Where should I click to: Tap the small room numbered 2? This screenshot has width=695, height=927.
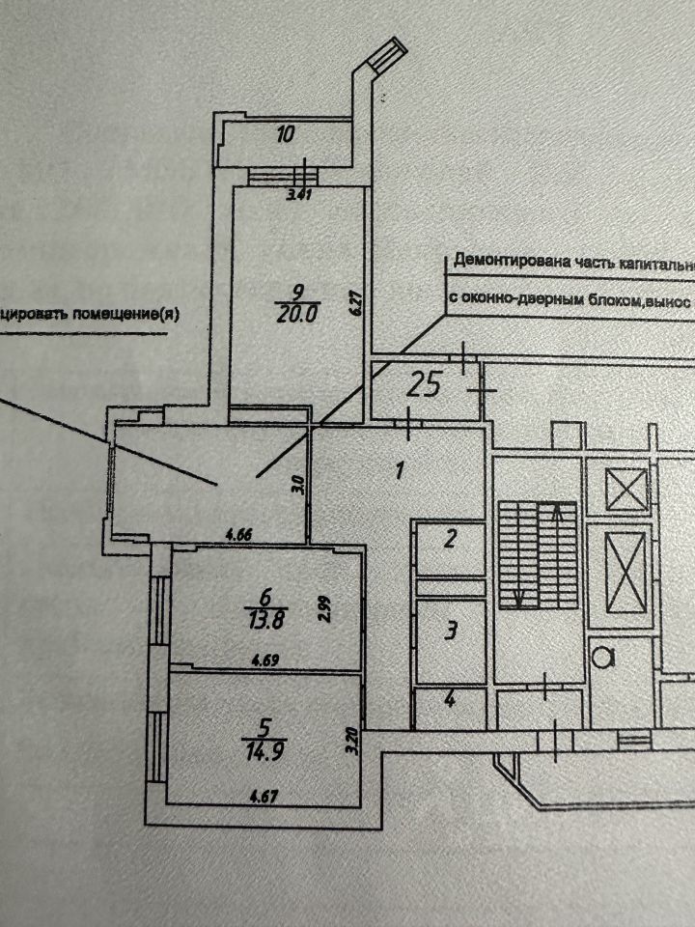click(449, 539)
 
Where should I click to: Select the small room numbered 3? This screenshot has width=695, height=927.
click(449, 632)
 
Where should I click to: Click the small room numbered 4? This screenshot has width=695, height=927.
click(449, 699)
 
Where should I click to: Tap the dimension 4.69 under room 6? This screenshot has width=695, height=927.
click(265, 661)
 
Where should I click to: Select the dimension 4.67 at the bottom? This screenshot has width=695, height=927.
click(265, 797)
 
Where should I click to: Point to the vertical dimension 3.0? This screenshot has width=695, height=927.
click(299, 483)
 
